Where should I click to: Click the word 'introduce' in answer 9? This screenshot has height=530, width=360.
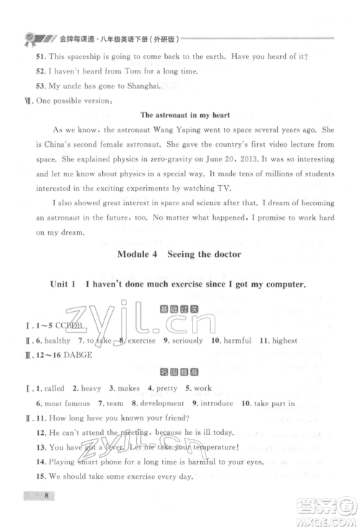[235, 405]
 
